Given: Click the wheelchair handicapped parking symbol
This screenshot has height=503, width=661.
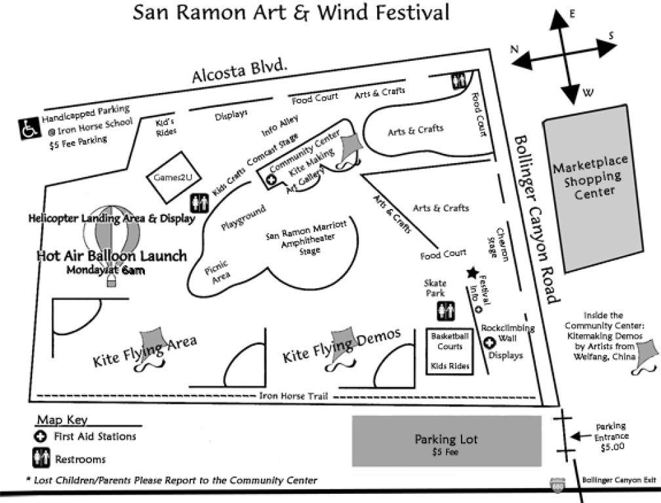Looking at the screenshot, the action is [30, 128].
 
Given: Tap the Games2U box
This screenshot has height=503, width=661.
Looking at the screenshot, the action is [173, 177].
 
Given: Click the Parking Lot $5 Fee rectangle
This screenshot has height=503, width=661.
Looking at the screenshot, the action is [447, 441].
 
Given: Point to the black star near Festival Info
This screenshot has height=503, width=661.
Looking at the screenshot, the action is [473, 272].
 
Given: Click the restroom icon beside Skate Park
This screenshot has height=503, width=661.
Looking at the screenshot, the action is [446, 312].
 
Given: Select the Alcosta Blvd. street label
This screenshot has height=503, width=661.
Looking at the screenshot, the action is [239, 71].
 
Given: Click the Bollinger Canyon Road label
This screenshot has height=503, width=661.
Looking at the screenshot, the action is [536, 219].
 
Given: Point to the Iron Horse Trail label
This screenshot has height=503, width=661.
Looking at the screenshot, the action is [293, 396].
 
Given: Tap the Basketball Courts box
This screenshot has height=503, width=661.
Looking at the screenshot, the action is [450, 352].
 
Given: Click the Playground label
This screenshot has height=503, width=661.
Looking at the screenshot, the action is [243, 217].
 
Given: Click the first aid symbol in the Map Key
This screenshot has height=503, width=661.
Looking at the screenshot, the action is [41, 436].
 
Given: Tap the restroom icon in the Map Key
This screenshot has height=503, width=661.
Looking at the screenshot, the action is [41, 458].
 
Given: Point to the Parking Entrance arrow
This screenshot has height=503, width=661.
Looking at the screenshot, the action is [581, 436].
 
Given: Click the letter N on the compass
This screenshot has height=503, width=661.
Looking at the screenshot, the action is [514, 49].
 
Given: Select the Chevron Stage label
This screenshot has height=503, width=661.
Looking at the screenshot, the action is [498, 244].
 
